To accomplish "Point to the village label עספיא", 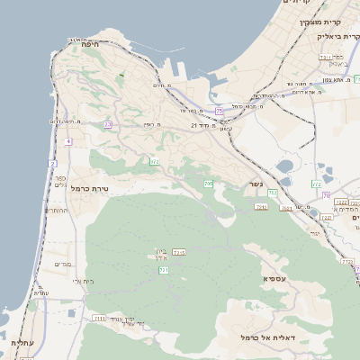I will pos(275,278).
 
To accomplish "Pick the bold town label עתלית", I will pos(22,343).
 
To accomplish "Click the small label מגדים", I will pos(62,264).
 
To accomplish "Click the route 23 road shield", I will pos(108,124).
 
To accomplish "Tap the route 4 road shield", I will pos(68,141).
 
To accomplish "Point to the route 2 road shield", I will pos(52,164).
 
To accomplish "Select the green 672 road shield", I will pos(154,161).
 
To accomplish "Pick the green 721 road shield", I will pos(163,269).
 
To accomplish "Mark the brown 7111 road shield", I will pos(99,318).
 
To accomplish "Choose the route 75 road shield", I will pos(219,111).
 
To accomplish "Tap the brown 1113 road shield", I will pos(179,252).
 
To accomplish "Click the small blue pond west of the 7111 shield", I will pos(72,313).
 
